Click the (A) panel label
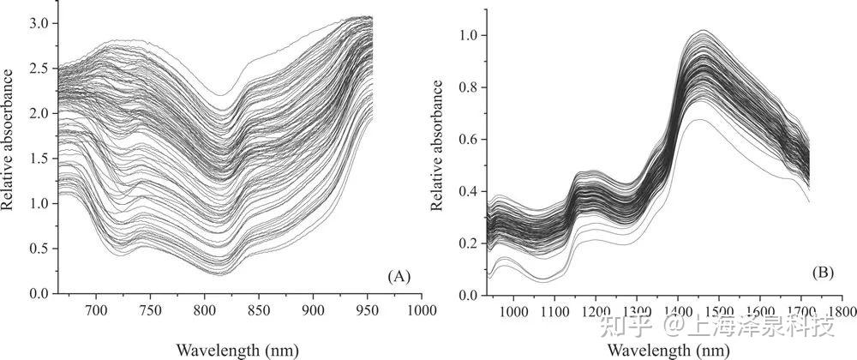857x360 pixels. point(400,276)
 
